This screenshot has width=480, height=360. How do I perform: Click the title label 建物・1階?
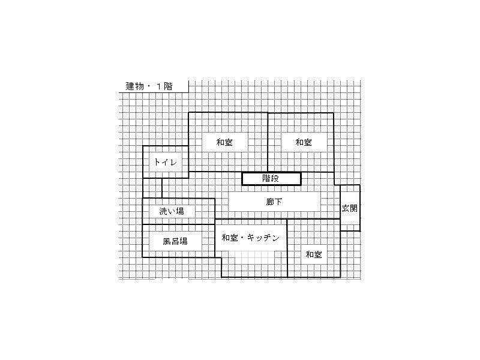(148, 86)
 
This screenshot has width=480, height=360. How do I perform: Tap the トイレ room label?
(166, 162)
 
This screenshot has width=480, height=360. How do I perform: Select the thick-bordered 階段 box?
(271, 178)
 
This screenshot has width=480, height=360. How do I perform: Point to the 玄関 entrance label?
(350, 208)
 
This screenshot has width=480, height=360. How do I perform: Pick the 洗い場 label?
(172, 211)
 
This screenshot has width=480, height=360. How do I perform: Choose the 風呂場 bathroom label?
(175, 241)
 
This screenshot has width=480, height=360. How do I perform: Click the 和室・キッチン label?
(250, 238)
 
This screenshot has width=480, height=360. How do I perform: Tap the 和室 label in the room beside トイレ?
(224, 143)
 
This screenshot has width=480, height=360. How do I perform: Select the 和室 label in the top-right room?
(304, 143)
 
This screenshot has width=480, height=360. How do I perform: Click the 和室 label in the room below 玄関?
(314, 254)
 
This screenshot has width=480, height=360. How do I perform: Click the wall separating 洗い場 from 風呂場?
(178, 224)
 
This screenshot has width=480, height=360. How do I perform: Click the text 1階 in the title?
(163, 86)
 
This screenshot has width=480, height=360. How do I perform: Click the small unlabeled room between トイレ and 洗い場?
(152, 188)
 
